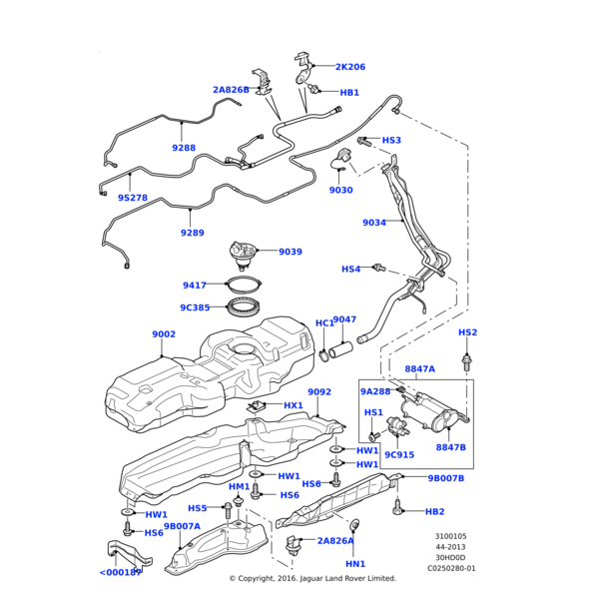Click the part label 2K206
[x=349, y=67]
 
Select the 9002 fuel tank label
[x=164, y=334]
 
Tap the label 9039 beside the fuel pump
[x=291, y=252]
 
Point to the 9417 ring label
[x=195, y=286]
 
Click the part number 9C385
[x=196, y=307]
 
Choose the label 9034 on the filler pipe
[x=373, y=223]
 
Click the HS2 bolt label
[x=467, y=332]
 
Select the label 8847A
[x=419, y=368]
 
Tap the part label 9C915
[x=399, y=455]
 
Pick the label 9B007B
[x=446, y=478]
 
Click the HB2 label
[x=434, y=511]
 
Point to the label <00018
[x=120, y=573]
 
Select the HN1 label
[x=355, y=564]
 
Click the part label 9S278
[x=133, y=198]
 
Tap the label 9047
[x=344, y=320]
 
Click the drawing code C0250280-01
[x=452, y=568]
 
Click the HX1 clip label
[x=294, y=405]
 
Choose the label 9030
[x=341, y=190]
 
